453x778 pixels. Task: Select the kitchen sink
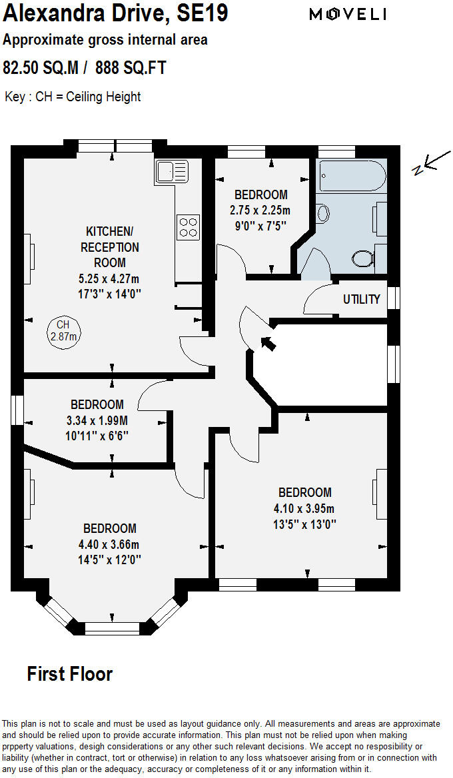point(171,172)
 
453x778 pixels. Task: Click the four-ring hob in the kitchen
point(188,226)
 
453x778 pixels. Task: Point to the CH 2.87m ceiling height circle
point(63,330)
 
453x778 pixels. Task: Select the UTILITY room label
point(361,299)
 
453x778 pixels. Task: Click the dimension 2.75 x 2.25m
point(260,210)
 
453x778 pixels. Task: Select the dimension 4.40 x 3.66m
point(109,544)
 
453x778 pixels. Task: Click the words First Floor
point(69,673)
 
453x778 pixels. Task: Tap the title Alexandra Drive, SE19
point(115,13)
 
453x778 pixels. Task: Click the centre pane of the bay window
point(113,627)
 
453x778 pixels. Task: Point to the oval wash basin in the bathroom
point(323,213)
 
